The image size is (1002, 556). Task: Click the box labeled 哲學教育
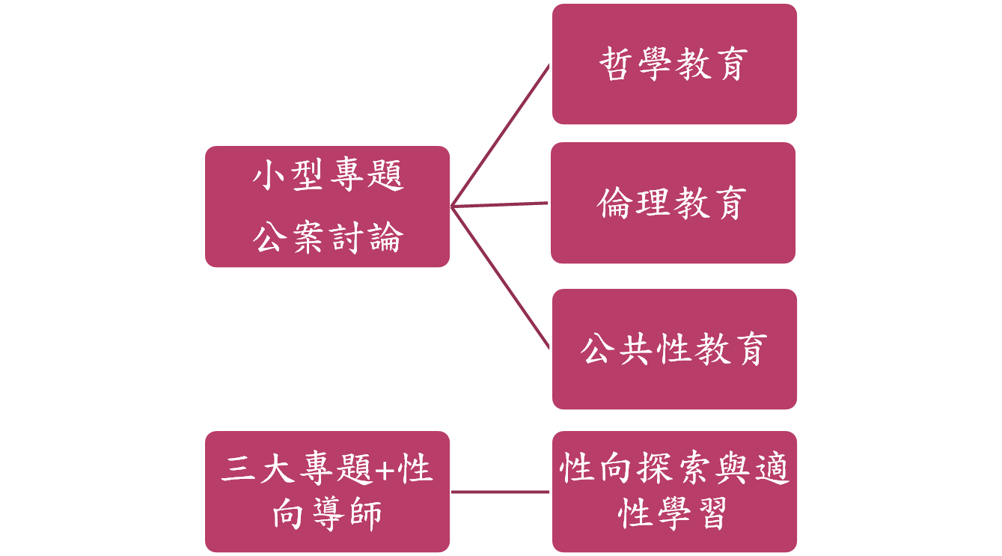pyautogui.click(x=674, y=64)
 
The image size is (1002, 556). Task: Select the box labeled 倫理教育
pyautogui.click(x=673, y=203)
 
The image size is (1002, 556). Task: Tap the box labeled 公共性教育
pyautogui.click(x=674, y=349)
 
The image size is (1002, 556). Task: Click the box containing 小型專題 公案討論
pyautogui.click(x=328, y=207)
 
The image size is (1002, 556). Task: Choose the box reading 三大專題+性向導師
pyautogui.click(x=328, y=492)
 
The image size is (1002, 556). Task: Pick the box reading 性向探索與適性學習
pyautogui.click(x=674, y=492)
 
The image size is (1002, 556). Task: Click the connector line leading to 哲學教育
pyautogui.click(x=500, y=135)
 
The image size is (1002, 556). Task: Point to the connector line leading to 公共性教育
pyautogui.click(x=500, y=277)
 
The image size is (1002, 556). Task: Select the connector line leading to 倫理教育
pyautogui.click(x=500, y=204)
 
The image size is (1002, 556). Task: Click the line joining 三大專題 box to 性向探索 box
pyautogui.click(x=500, y=492)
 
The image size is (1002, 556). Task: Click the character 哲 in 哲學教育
pyautogui.click(x=618, y=64)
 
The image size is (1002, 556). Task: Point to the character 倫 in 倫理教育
pyautogui.click(x=617, y=203)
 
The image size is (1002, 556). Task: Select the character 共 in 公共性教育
pyautogui.click(x=637, y=349)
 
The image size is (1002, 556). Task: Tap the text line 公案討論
pyautogui.click(x=328, y=237)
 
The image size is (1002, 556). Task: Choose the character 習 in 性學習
pyautogui.click(x=710, y=513)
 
